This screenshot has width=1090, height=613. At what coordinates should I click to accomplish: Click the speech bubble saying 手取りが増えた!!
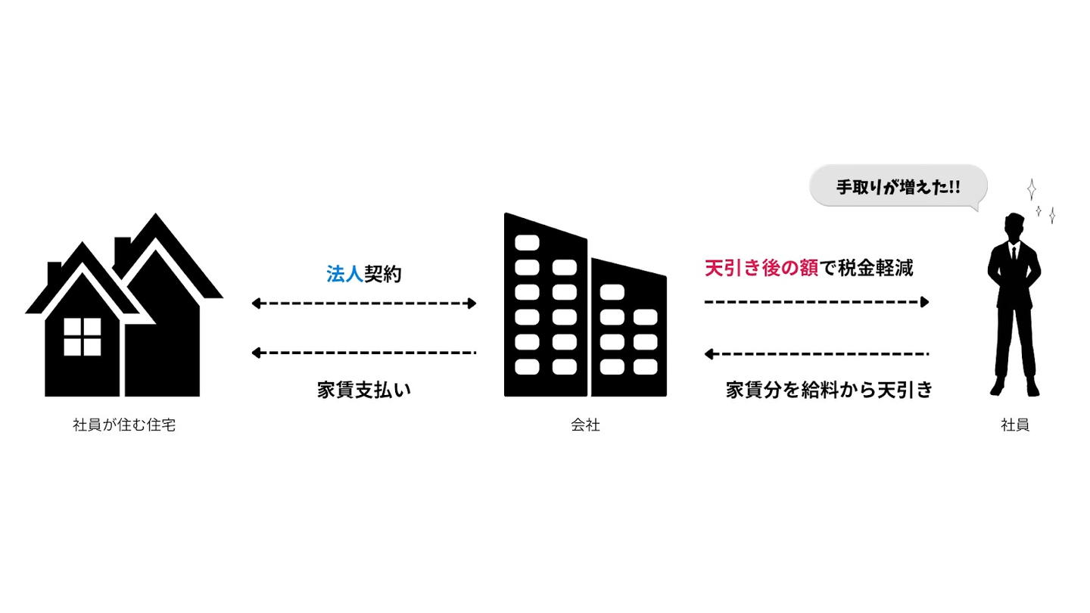pos(898,186)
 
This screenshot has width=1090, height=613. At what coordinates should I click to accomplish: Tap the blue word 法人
pos(345,274)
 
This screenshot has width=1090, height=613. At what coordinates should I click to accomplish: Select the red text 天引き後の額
pos(761,268)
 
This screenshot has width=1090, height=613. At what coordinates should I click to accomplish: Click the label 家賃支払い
pos(364,391)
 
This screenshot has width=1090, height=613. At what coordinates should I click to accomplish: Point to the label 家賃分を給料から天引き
pos(828,391)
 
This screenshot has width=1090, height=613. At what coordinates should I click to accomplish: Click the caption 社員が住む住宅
pos(124,425)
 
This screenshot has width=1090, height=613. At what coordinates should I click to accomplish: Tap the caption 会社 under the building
pos(585,425)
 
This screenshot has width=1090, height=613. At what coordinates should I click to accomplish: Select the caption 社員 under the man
pos(1014,425)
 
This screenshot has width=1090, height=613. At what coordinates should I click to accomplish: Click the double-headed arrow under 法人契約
pos(364,303)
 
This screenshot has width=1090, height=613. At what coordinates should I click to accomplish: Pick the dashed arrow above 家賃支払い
pos(364,353)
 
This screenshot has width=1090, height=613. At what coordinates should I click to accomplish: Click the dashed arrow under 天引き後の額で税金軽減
pos(817,302)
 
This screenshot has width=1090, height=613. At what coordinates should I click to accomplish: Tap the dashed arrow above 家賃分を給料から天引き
pos(817,353)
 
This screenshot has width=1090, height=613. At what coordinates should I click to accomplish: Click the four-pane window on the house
pos(83,337)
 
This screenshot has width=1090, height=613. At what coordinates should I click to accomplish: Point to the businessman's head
pos(1014,226)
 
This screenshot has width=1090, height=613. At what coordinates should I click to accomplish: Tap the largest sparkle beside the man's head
pos(1031,189)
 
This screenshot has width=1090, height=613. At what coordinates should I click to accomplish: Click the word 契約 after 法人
pos(383,274)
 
